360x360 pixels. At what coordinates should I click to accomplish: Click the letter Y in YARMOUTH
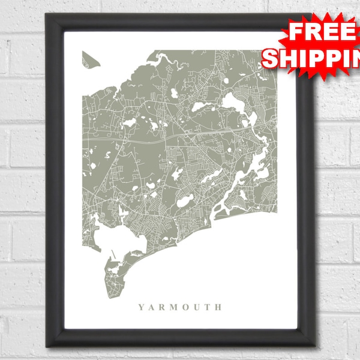pos(141,307)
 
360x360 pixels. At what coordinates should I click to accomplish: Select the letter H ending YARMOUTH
pos(219,307)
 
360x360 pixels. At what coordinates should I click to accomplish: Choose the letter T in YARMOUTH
pos(209,307)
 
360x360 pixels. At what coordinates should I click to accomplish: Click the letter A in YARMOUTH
pos(152,307)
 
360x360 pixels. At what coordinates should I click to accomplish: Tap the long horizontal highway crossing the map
pos(180,135)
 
